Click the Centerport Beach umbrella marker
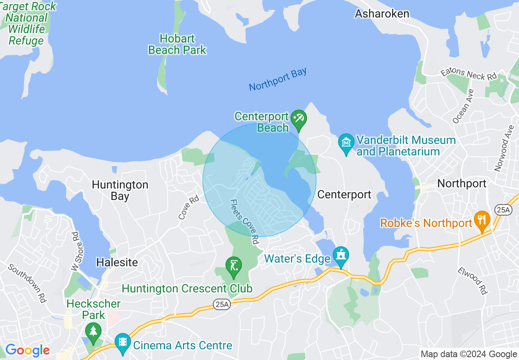299,119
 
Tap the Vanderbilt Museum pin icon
346,143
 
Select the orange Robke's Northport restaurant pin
482,220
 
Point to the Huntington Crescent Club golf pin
234,266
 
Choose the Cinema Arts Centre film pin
122,343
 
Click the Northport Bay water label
278,80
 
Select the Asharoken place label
382,14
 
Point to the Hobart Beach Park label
177,45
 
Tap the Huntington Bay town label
120,190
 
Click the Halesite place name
117,262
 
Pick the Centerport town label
344,195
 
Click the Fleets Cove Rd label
245,222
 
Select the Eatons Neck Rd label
469,74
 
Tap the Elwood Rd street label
473,281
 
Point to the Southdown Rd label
28,283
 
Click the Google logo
27,350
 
